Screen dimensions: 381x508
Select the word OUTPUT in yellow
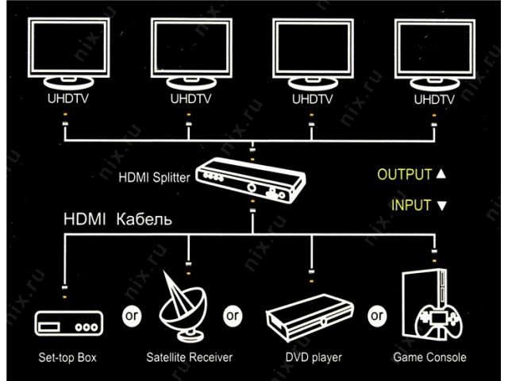click(x=404, y=175)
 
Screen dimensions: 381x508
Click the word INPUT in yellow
click(x=412, y=206)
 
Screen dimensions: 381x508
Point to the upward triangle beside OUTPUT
click(x=442, y=175)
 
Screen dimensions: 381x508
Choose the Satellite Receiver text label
click(x=189, y=358)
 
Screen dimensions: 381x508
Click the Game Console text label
click(x=429, y=358)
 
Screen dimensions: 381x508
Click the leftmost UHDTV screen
click(x=66, y=45)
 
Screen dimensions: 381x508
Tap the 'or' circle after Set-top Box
click(x=131, y=315)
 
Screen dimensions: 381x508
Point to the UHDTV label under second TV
click(x=188, y=100)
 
